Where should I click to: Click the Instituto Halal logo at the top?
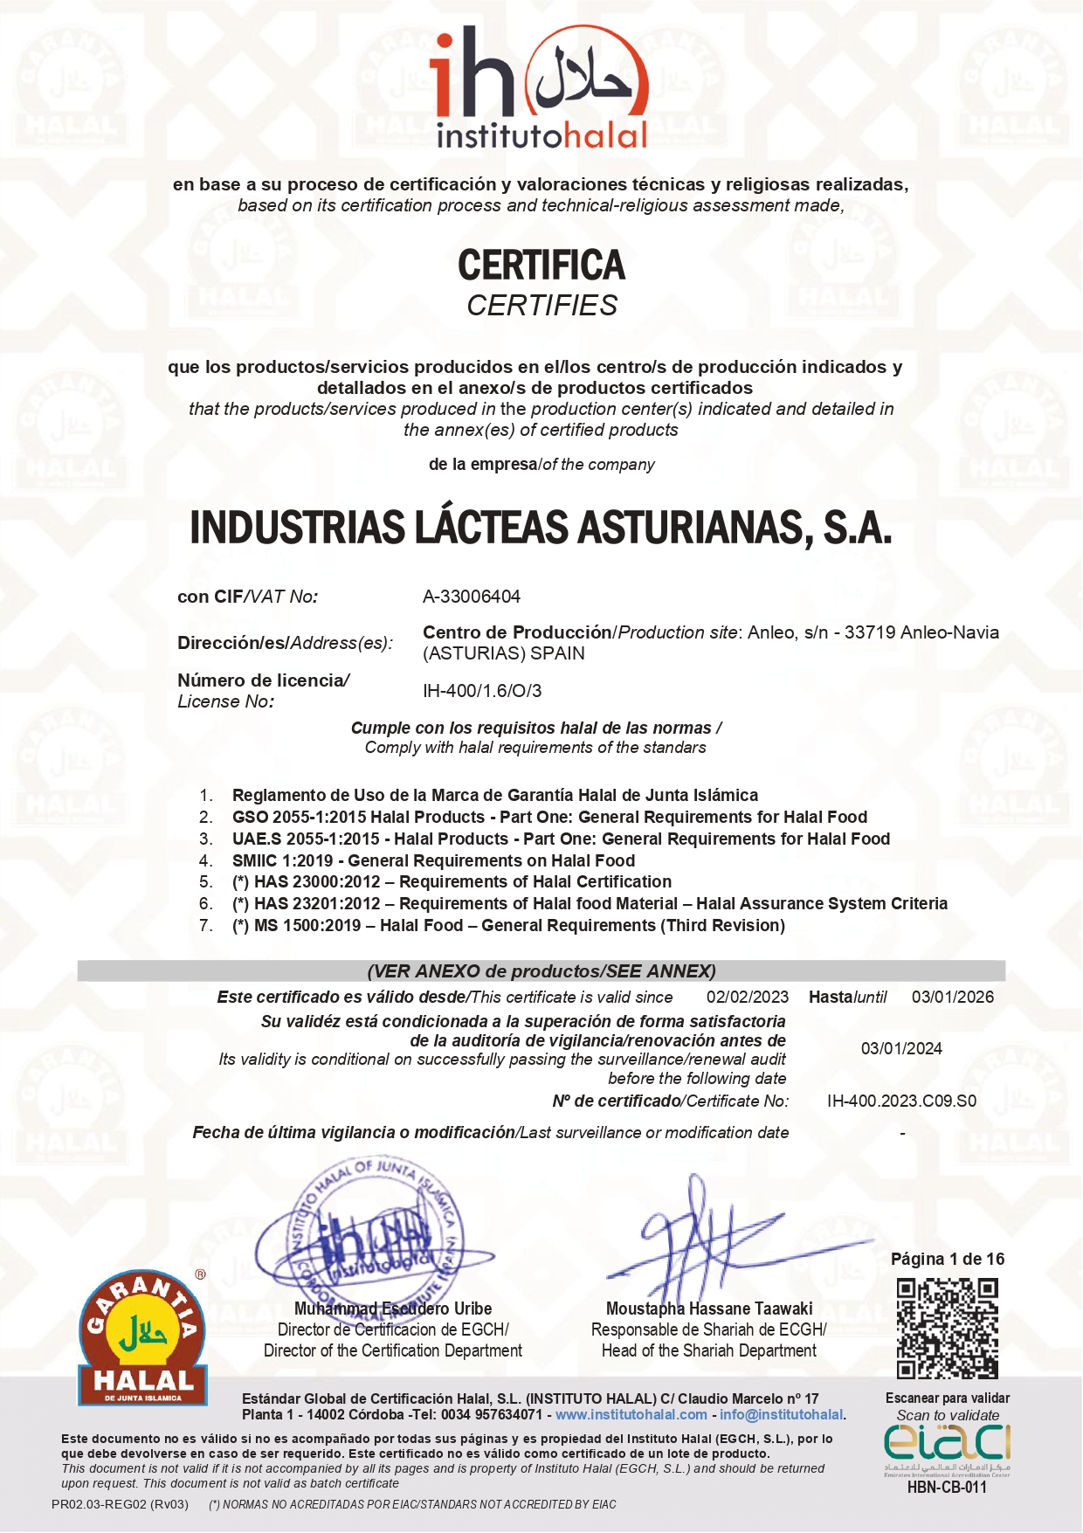pos(541,87)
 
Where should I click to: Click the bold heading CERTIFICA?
pos(541,266)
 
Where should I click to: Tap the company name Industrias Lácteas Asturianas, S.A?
pos(541,528)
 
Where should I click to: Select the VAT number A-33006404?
pos(472,597)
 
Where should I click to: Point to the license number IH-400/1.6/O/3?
pos(482,691)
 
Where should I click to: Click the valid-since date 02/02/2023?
pos(747,998)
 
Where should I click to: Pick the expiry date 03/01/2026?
pos(952,998)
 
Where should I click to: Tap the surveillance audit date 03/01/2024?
pos(901,1049)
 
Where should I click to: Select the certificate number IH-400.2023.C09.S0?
pos(901,1101)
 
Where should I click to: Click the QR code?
pos(947,1329)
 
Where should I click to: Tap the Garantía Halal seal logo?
pos(142,1336)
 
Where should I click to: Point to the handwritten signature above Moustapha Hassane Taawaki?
pos(716,1240)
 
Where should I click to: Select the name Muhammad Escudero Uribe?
pos(393,1309)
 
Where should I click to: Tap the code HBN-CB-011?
pos(947,1488)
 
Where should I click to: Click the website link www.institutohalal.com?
pos(631,1415)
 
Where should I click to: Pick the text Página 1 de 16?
pos(947,1259)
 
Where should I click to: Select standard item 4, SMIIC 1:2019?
pos(433,860)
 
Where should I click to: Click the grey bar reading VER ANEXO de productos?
pos(541,971)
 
